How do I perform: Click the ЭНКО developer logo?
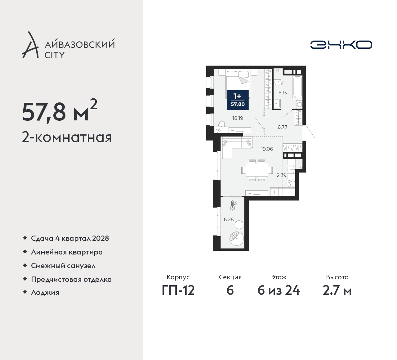coord(341,45)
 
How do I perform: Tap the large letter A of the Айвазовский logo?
coord(30,45)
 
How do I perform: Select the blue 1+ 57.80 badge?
coord(238,100)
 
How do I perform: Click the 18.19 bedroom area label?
coord(238,118)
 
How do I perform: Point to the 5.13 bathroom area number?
coord(283,93)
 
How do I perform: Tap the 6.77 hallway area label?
coord(283,127)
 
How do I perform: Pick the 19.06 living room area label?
coord(267,149)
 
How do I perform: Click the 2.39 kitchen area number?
coord(281,175)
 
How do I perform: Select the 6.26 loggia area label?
coord(229,220)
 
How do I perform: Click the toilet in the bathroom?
coord(279,82)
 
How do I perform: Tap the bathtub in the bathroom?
coord(297,87)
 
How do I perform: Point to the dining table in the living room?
coord(257,170)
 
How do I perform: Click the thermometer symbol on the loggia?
coord(233,205)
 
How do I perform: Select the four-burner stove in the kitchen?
coord(291,183)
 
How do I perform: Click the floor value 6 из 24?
coord(279,291)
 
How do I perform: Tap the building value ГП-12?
coord(178,291)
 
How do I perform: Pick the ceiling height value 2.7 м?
coord(337,291)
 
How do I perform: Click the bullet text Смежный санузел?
coord(63,266)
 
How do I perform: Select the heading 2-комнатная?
coord(67,137)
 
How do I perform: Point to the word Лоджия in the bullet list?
coord(45,292)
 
